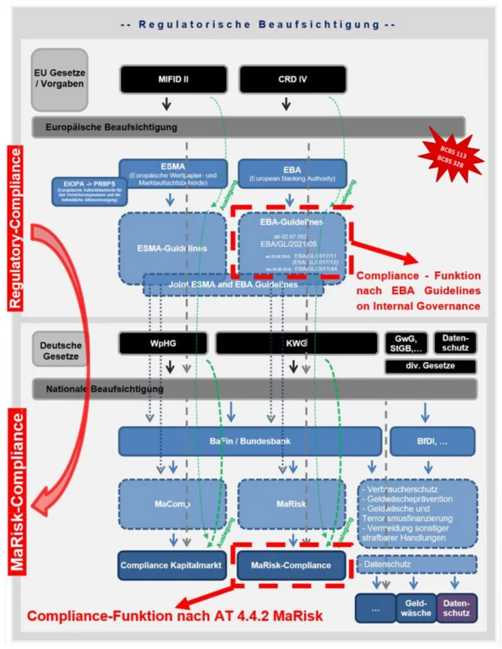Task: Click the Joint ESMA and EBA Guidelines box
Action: click(233, 285)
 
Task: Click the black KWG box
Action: click(296, 344)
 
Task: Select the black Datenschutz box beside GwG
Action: click(455, 342)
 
